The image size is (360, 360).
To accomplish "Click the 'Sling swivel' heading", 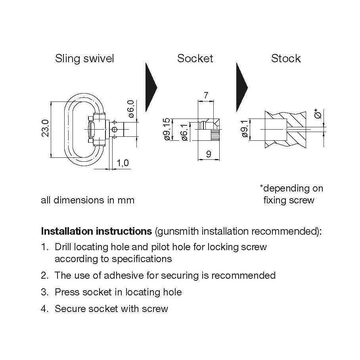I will coord(84,59).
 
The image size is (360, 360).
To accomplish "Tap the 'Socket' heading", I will coord(195,59).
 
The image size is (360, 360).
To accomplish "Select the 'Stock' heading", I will coord(286,59).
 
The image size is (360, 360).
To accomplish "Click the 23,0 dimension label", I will coord(45,129).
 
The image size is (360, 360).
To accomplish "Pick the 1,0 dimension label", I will coord(123,163).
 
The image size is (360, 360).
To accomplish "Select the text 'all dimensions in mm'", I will coord(88,200).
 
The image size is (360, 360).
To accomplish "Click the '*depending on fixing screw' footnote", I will coord(291,194).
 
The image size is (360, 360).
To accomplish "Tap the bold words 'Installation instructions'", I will coord(96,231).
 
